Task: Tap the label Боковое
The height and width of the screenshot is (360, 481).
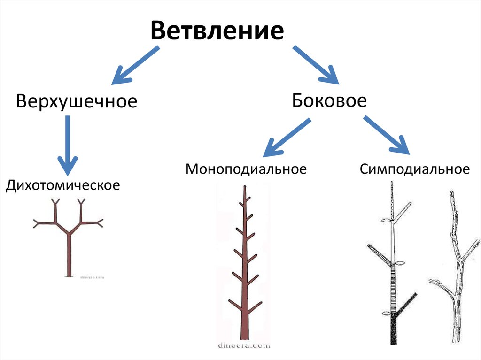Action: point(329,100)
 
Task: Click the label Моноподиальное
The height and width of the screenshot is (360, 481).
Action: point(246,169)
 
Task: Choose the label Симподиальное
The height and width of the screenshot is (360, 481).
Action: point(415,169)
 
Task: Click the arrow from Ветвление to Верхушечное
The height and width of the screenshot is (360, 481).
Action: point(134,66)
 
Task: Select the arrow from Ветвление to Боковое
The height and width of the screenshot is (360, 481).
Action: point(316,65)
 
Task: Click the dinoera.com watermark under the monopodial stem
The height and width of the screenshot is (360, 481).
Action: point(244,345)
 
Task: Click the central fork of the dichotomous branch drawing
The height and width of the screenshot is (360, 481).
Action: point(69,233)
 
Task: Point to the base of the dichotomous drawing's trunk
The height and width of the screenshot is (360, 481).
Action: point(69,274)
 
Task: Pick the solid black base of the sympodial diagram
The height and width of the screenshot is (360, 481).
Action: point(392,331)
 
